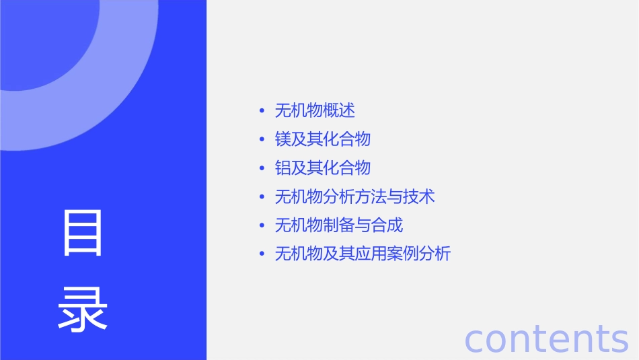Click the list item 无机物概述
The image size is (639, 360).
[x=315, y=110]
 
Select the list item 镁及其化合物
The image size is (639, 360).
[x=323, y=139]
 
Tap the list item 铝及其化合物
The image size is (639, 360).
[x=323, y=168]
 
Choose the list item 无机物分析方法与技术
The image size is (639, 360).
[x=354, y=196]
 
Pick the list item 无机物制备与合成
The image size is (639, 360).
[x=339, y=225]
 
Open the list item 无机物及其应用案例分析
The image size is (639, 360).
[x=363, y=254]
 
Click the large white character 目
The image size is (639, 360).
[x=83, y=233]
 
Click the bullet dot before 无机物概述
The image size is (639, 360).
[x=262, y=111]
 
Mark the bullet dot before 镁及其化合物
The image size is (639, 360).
[x=262, y=140]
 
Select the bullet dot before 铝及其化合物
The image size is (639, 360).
[x=262, y=168]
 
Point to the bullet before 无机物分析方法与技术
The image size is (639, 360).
[x=262, y=197]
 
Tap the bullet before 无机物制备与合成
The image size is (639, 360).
[x=262, y=226]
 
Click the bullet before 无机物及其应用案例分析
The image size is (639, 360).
[x=262, y=254]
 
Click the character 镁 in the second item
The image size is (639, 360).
[x=283, y=139]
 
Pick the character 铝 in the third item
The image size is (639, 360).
[x=283, y=168]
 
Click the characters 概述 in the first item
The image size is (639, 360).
[x=339, y=110]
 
